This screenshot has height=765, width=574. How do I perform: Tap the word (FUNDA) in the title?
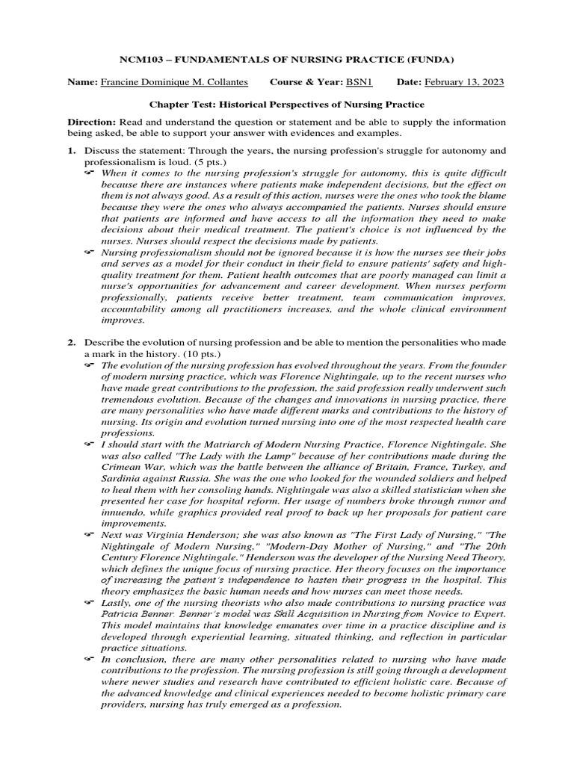(x=430, y=59)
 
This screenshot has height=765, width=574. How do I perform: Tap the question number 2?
(x=72, y=342)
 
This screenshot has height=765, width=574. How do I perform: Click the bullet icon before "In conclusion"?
(x=90, y=660)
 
